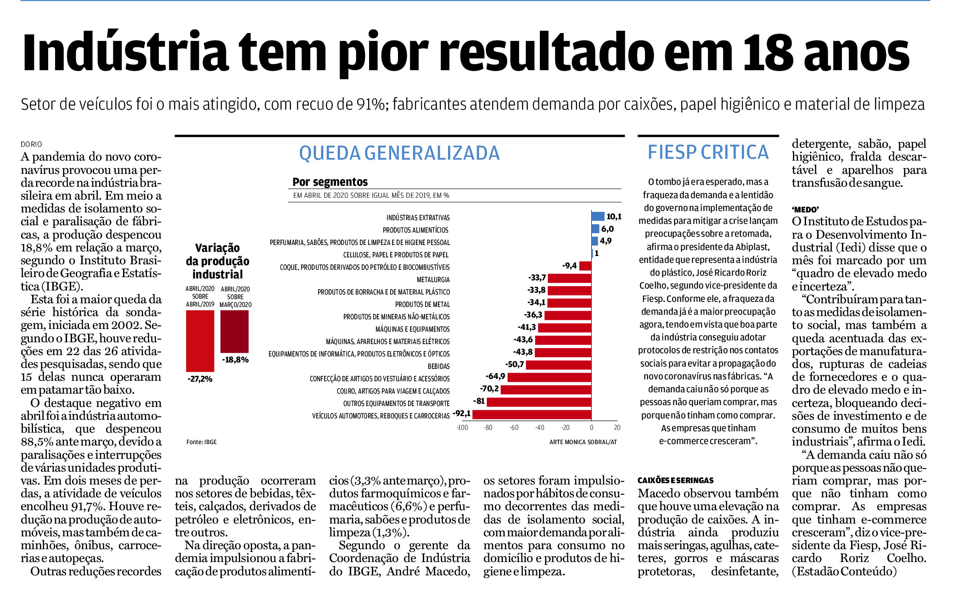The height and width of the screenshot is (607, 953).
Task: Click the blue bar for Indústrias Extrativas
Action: pos(598,217)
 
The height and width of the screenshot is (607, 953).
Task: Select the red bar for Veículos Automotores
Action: pos(532,414)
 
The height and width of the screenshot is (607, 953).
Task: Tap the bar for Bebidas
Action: pos(559,365)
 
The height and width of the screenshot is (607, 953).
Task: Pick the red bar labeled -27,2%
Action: pos(200,341)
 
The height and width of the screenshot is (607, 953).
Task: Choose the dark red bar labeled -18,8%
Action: pos(235,331)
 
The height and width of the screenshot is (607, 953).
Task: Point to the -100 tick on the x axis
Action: pos(462,428)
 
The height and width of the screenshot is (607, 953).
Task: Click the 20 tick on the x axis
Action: pos(617,428)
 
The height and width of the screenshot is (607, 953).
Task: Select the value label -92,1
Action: pos(462,413)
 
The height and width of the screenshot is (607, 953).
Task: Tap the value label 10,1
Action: pos(614,217)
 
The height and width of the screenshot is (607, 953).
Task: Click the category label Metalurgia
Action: pos(433,279)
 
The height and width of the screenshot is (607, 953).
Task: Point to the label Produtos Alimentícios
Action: pos(415,230)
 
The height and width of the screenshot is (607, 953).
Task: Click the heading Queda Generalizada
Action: pos(399,153)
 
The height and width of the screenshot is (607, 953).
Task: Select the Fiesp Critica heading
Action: pos(708,152)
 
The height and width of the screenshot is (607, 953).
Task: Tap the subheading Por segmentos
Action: pos(330,182)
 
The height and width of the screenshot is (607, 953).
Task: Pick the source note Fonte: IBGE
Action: pos(202,442)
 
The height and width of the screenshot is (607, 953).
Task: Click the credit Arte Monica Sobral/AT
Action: pos(583,442)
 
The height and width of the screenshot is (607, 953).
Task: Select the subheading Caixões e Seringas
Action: pos(676,480)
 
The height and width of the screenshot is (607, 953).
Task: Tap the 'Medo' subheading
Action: pos(805,209)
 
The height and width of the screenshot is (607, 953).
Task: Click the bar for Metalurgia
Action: pos(570,278)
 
